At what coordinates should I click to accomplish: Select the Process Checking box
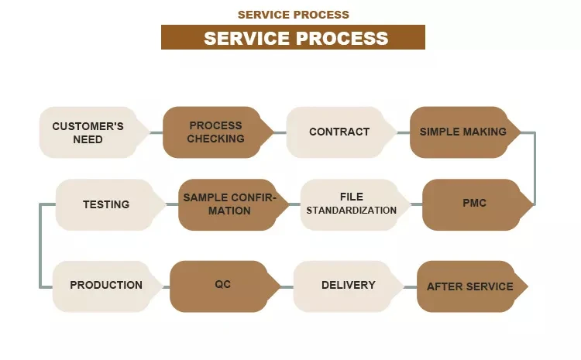point(215,132)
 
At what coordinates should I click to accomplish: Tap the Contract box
point(339,132)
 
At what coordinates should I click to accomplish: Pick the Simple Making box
point(463,132)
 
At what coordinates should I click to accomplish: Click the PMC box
point(474,204)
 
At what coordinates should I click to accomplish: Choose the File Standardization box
point(351,204)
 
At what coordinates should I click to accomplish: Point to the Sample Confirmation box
point(228,204)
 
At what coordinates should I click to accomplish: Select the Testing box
point(106,204)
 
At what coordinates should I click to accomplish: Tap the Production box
point(106,285)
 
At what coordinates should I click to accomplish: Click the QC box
point(223,285)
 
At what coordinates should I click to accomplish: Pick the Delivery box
point(348,285)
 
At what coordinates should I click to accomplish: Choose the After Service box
point(469,286)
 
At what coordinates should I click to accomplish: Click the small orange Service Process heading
point(293,15)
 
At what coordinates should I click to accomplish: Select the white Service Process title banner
point(293,37)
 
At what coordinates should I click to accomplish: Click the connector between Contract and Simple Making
point(402,132)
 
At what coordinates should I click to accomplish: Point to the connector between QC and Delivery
point(286,286)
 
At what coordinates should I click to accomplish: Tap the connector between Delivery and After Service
point(411,286)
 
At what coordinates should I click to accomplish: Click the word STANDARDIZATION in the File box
point(351,211)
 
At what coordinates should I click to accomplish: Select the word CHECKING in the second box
point(215,139)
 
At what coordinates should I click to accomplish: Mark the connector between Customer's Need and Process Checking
point(156,132)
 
